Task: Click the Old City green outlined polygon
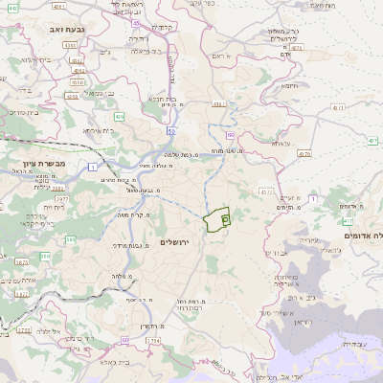(219, 219)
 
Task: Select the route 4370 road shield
(304, 153)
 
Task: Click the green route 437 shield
(373, 141)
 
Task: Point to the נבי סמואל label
(95, 93)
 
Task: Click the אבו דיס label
(274, 252)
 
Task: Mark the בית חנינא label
(165, 98)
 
